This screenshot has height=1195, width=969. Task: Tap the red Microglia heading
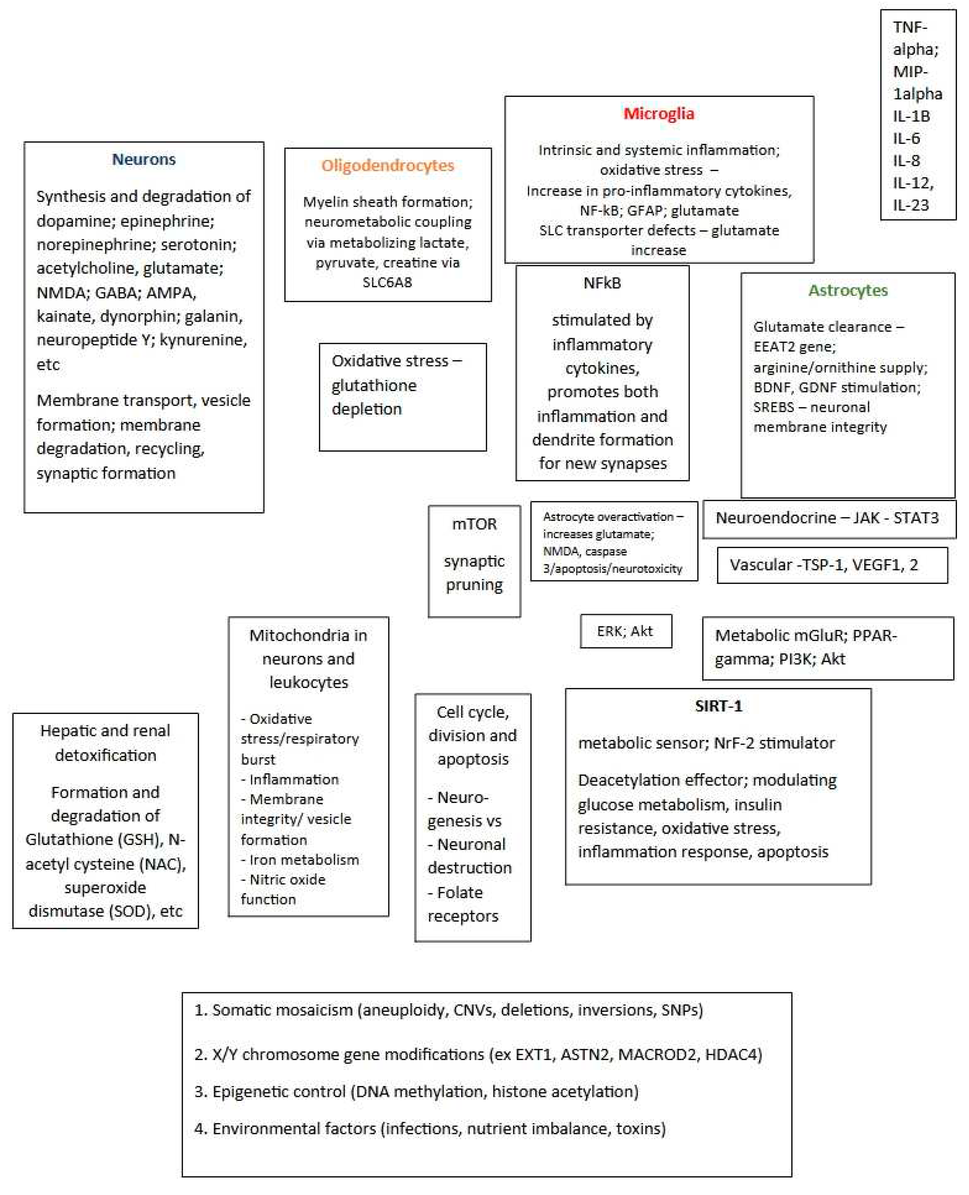[x=659, y=114]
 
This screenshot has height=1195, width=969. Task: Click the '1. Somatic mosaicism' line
[x=448, y=1010]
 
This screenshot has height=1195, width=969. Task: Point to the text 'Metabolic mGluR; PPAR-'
[x=806, y=636]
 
